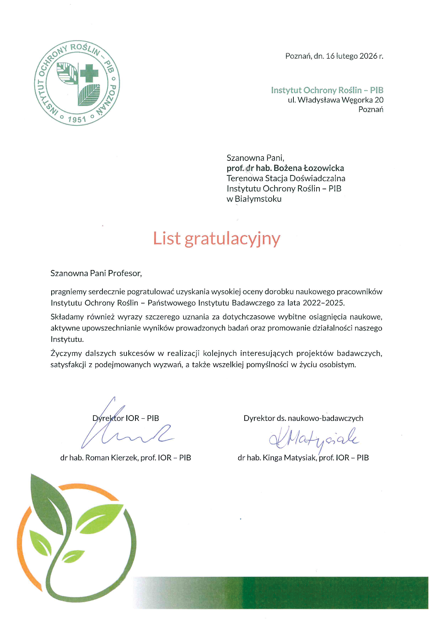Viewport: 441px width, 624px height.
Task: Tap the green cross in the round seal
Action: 89,73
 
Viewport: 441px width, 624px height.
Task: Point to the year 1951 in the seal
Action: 77,120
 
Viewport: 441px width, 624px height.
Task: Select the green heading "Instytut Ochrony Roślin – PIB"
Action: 327,90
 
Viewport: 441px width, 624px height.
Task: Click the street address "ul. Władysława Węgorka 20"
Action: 335,100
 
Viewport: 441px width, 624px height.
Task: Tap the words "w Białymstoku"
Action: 254,199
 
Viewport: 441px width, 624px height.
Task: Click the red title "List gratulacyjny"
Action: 217,239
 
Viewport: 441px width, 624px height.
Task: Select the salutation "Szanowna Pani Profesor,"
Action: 96,273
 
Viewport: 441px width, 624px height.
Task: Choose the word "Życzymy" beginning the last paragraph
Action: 66,354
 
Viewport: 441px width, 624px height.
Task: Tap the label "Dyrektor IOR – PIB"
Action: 126,418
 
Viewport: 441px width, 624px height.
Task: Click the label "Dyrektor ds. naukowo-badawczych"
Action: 303,418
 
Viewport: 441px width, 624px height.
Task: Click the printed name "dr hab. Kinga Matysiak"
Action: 277,458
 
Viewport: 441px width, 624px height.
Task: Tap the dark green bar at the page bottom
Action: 334,592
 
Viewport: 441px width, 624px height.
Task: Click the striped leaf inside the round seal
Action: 89,94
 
